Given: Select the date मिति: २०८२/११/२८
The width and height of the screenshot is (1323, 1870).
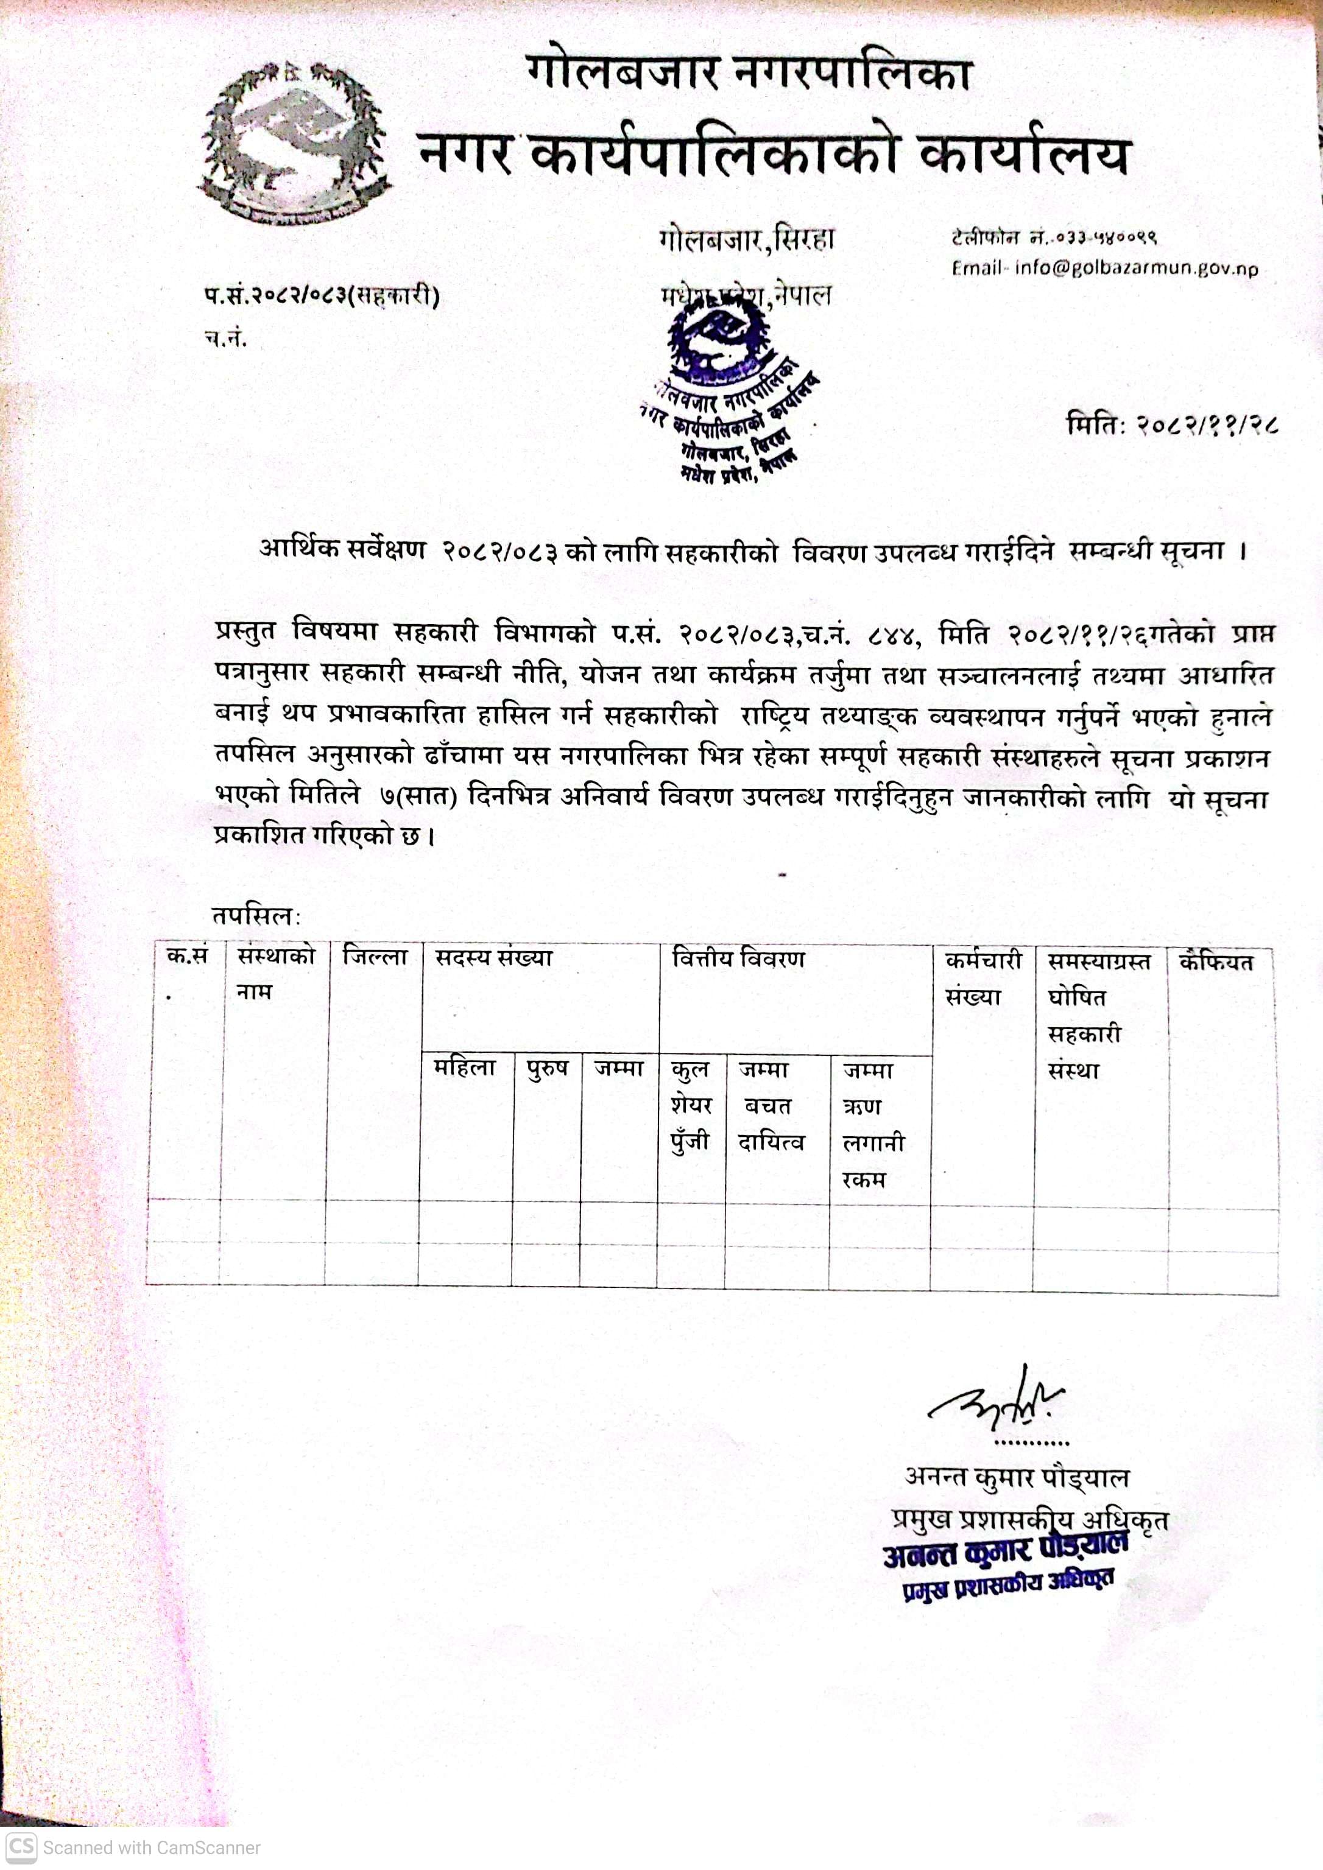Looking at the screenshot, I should click(1171, 424).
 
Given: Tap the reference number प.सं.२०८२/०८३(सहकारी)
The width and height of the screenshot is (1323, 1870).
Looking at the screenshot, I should click(322, 297).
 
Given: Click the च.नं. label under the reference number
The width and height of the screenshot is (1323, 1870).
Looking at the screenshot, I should click(225, 339).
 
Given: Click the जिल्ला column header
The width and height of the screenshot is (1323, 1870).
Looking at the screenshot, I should click(375, 957).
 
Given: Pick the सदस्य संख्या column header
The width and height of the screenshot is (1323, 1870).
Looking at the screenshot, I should click(493, 958).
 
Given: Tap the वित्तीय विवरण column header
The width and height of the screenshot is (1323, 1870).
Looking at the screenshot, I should click(738, 960).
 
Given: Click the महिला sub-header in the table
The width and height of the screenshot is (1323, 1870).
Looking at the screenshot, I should click(464, 1068).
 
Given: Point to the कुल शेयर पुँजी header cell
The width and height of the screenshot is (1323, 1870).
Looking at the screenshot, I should click(691, 1105).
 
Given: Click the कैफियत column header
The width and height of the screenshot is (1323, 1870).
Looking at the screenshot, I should click(1215, 963).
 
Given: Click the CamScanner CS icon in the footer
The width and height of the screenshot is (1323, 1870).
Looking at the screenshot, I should click(21, 1846).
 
